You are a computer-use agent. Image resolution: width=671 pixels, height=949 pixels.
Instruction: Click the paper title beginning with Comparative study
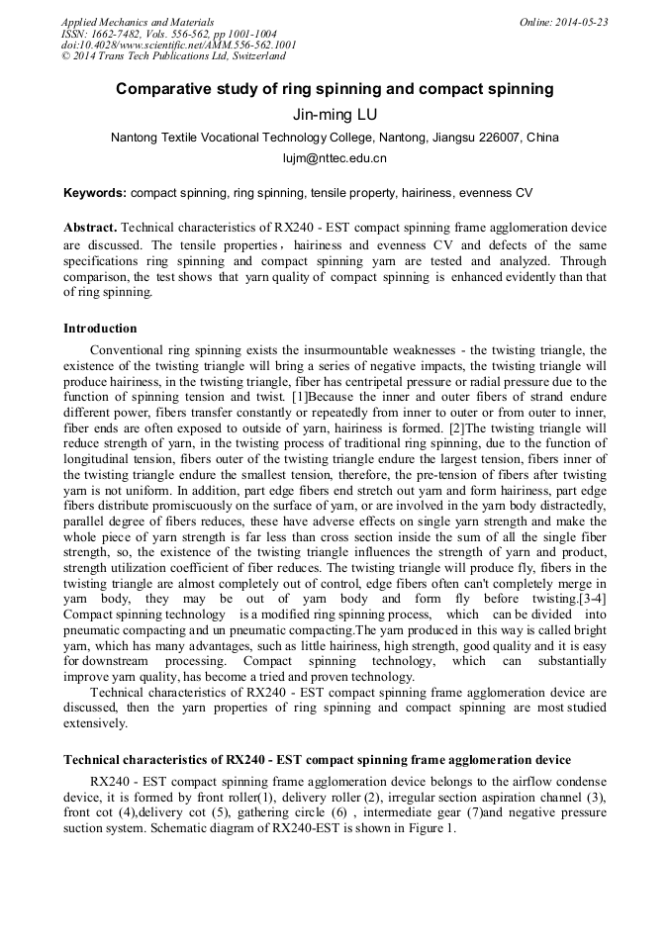click(x=335, y=89)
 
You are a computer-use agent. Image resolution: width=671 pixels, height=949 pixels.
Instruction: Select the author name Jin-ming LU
click(x=335, y=114)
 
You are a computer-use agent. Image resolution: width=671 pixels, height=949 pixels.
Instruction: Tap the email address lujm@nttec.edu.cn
click(x=335, y=157)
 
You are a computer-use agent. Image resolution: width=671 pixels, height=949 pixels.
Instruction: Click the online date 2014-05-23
click(x=581, y=22)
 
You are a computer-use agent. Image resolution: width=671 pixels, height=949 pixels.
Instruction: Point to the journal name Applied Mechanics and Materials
click(x=138, y=22)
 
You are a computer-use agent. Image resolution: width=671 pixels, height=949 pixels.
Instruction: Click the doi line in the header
click(x=178, y=46)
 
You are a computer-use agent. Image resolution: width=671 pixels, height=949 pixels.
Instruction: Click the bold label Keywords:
click(x=95, y=193)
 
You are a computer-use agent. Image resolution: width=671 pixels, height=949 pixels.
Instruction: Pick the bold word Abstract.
click(x=90, y=227)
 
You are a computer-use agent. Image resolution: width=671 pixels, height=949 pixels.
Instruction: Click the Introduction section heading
click(x=100, y=328)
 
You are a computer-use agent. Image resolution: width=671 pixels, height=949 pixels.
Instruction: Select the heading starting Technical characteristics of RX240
click(x=317, y=759)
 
